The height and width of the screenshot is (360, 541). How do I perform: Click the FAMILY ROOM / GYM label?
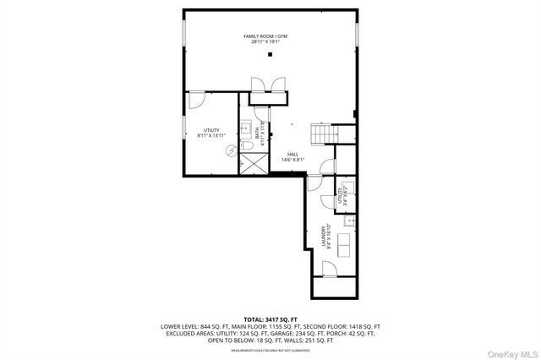pyautogui.click(x=270, y=36)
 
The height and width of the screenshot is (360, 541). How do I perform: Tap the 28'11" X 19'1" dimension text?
pyautogui.click(x=270, y=42)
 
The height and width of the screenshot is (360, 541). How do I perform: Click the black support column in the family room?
pyautogui.click(x=270, y=56)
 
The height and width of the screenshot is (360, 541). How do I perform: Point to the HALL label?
pyautogui.click(x=292, y=153)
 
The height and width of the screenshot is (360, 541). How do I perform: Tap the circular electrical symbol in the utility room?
pyautogui.click(x=229, y=150)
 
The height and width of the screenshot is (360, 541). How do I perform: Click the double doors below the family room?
pyautogui.click(x=268, y=85)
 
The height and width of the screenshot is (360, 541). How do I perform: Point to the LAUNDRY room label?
pyautogui.click(x=325, y=236)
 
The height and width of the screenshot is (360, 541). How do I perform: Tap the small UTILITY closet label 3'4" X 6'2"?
pyautogui.click(x=342, y=196)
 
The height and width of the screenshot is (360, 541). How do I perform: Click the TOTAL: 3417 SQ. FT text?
pyautogui.click(x=270, y=318)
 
